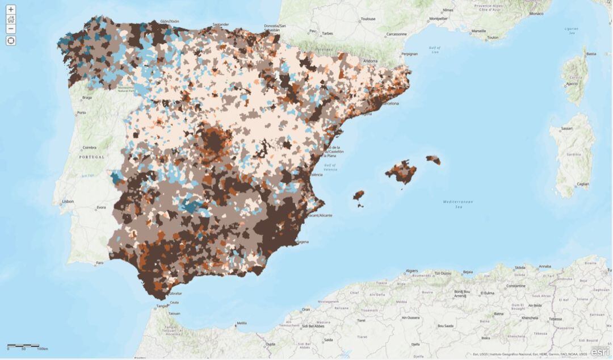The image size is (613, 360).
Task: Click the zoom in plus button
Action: coord(11,10)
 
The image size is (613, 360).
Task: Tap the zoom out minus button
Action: coord(11,29)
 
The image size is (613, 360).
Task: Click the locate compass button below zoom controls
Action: coord(11,40)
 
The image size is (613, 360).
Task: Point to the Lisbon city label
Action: coord(68,201)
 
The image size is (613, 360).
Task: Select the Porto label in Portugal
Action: coord(82,112)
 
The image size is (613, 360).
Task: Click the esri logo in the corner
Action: coord(599,352)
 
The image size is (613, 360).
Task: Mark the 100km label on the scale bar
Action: coord(42,349)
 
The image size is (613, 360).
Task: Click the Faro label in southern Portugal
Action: coord(100,263)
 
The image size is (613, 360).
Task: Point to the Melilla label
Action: coord(242,323)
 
